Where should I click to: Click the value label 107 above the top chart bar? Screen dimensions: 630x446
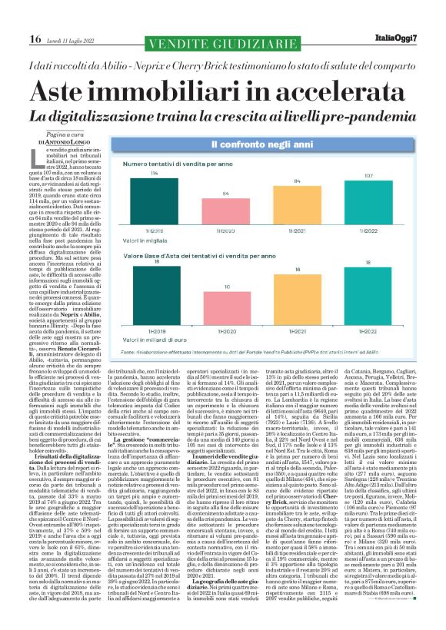click(x=369, y=175)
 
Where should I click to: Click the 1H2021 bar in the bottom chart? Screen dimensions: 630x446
click(x=298, y=296)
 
